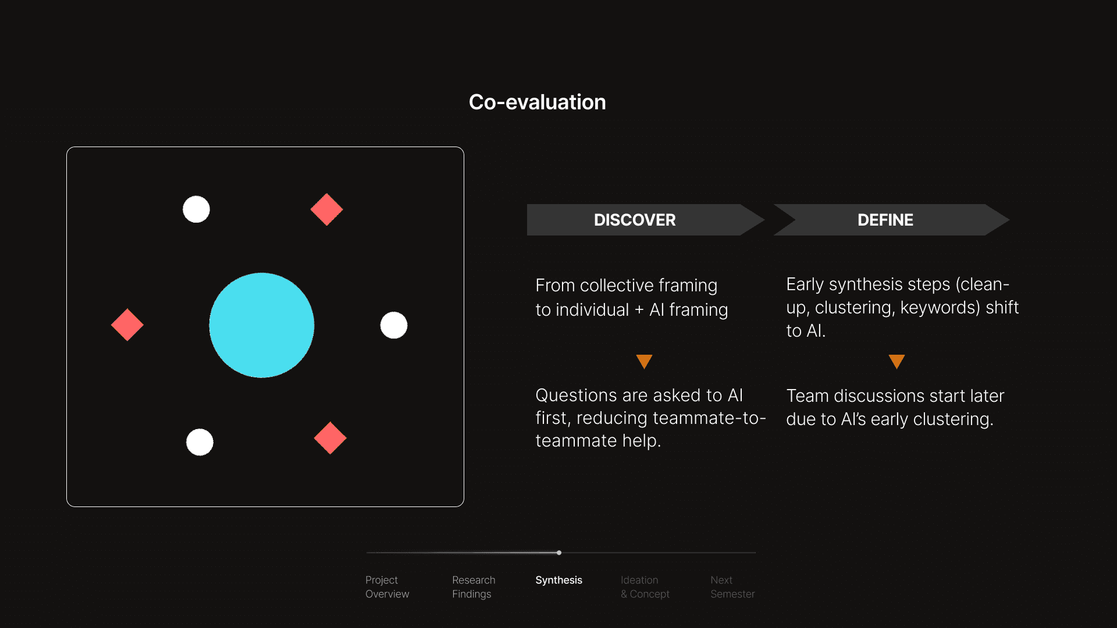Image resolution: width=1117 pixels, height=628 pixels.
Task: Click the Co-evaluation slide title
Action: [x=538, y=102]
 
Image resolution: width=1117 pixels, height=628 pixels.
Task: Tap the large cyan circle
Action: [x=262, y=325]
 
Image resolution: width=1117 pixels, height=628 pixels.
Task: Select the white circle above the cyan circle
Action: [x=196, y=209]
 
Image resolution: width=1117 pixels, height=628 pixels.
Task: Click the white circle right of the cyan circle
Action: [x=394, y=325]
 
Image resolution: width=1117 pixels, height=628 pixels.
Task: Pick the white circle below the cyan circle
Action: [x=200, y=442]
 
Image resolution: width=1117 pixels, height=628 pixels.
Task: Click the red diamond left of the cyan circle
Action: [x=127, y=324]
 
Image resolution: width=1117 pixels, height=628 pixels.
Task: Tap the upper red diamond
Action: [x=327, y=209]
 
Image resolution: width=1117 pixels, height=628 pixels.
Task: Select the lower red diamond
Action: [x=330, y=438]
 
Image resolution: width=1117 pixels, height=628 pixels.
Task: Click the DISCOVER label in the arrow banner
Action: [x=635, y=220]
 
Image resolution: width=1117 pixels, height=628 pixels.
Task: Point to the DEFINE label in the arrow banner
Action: [x=885, y=220]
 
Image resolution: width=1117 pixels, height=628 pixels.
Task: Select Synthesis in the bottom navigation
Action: [x=558, y=580]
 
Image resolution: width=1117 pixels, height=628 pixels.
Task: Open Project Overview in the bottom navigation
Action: [x=387, y=587]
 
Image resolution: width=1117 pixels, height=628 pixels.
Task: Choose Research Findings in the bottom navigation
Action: [x=474, y=587]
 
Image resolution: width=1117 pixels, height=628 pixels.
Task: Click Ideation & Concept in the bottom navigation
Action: [x=645, y=587]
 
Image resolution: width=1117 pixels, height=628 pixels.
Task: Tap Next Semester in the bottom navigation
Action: [x=732, y=587]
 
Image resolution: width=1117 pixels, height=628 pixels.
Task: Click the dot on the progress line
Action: [x=559, y=552]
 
